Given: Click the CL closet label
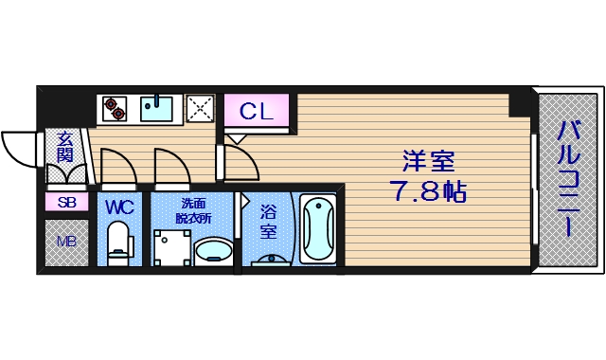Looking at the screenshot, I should pos(256,111).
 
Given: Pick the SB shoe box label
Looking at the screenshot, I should pos(66,202).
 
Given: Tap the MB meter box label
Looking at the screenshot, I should pos(66,242).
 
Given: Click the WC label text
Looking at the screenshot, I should pos(120,206).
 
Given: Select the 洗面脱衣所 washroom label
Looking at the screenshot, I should pos(194,210).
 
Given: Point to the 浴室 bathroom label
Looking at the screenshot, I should pos(268,221).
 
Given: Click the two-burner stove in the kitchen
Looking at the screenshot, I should pos(115,109).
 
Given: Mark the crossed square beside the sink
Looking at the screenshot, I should pos(201,109).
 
